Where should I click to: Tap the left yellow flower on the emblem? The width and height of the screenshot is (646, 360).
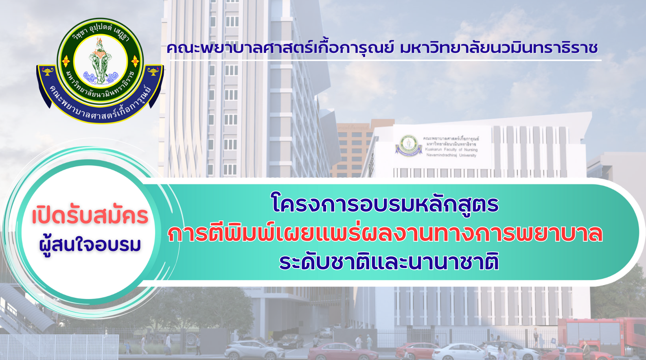point(66,61)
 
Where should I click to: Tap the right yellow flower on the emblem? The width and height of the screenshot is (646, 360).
point(135,61)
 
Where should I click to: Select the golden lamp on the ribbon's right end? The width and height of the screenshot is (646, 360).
point(153,71)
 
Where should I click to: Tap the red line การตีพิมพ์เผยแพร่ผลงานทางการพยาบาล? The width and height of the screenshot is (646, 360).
point(385,233)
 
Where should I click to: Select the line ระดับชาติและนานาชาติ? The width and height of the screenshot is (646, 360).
point(389,262)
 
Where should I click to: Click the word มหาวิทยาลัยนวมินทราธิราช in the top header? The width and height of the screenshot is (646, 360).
point(499,48)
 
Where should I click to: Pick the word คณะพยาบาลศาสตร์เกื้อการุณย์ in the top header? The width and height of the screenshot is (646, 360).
point(280,48)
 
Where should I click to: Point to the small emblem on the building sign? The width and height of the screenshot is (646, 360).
point(409,146)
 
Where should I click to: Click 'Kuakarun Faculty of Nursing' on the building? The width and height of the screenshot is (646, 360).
point(451,150)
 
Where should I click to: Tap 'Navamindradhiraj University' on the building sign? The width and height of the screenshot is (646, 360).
point(451,155)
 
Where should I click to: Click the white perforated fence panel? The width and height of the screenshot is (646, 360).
point(59,347)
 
